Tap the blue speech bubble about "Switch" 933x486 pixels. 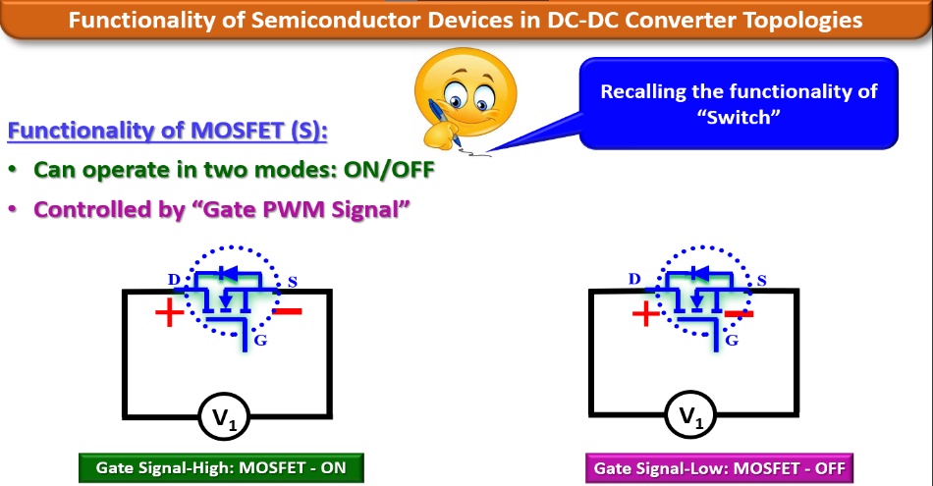point(739,103)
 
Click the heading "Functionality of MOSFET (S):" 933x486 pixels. point(168,131)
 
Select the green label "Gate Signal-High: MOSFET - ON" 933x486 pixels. point(221,467)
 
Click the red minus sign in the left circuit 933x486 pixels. point(287,312)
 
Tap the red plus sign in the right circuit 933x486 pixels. point(644,315)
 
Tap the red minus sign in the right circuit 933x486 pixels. point(739,313)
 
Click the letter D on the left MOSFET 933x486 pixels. point(175,281)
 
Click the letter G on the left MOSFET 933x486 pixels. point(260,340)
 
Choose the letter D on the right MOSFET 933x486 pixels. point(634,280)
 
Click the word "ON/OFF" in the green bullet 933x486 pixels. point(389,169)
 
